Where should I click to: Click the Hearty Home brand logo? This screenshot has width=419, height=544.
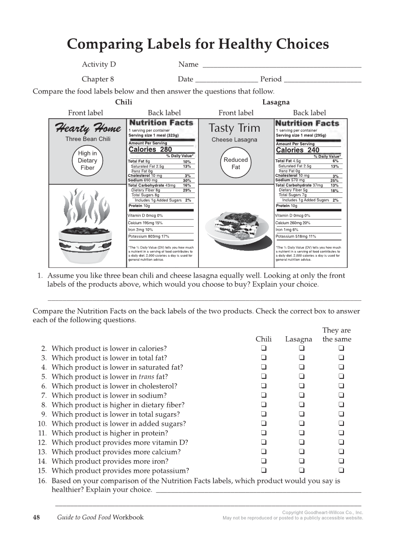[x=88, y=128]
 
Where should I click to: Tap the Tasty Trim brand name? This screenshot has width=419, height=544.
[x=234, y=128]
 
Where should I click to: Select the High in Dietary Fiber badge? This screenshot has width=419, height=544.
[x=88, y=160]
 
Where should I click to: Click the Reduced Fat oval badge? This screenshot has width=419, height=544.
[x=236, y=163]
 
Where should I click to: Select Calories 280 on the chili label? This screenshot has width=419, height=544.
[x=150, y=150]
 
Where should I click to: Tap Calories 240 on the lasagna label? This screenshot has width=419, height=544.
[x=298, y=150]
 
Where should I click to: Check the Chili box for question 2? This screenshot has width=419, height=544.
[x=264, y=349]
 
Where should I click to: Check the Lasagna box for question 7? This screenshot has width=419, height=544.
[x=301, y=396]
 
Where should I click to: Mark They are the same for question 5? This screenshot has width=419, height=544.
[x=341, y=377]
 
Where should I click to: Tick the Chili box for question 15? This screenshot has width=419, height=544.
[x=264, y=471]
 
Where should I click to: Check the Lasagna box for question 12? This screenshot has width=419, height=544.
[x=301, y=443]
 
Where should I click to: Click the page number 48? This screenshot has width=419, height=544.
[x=36, y=517]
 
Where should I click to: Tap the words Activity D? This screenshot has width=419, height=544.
[x=99, y=64]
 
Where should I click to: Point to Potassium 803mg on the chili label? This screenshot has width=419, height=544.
[x=149, y=236]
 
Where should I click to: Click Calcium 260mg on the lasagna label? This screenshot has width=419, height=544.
[x=293, y=223]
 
